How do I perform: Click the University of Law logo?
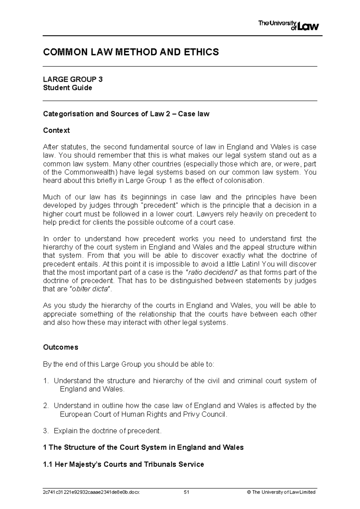(288, 26)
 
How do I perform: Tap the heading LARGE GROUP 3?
(73, 79)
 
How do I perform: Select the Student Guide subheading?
(67, 88)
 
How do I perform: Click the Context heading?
(56, 131)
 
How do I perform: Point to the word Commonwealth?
(90, 172)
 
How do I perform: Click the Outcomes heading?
(61, 347)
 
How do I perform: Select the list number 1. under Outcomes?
(46, 381)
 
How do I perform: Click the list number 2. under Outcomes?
(46, 406)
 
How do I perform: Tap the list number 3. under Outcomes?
(46, 431)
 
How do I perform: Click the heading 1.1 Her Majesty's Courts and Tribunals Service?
(124, 464)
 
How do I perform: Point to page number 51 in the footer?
(187, 492)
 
